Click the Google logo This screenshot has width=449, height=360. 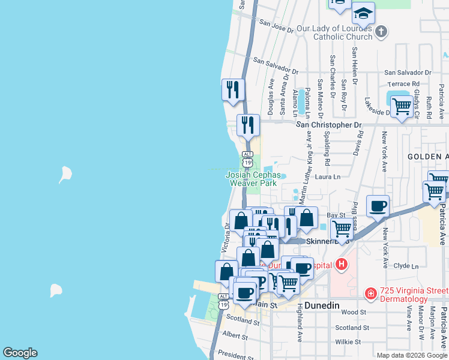click(20, 353)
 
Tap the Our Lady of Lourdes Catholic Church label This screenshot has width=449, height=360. click(343, 32)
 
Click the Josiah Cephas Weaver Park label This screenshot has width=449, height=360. click(253, 179)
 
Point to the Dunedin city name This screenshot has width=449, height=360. click(322, 305)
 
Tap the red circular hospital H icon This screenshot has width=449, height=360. click(342, 263)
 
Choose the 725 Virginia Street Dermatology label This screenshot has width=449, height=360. click(406, 295)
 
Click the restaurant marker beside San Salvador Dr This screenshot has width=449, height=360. click(232, 90)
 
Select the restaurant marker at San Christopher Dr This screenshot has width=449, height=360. click(248, 125)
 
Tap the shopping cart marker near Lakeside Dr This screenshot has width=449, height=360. click(401, 107)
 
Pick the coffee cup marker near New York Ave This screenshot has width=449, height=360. click(378, 206)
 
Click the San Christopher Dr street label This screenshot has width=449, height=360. click(330, 125)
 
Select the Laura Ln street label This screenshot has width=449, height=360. click(327, 177)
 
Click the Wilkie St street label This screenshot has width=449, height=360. click(348, 341)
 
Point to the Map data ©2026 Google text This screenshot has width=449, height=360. click(411, 355)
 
